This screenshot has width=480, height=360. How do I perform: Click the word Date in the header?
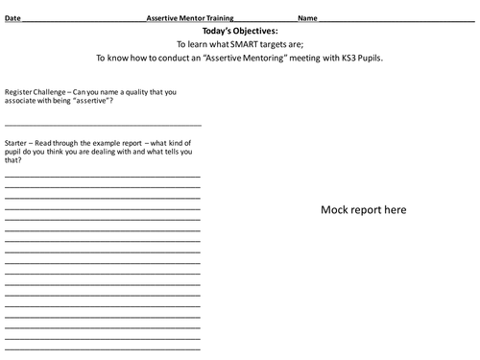tap(12, 18)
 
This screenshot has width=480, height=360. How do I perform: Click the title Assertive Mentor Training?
tap(189, 18)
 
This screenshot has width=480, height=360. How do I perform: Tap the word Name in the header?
tap(307, 18)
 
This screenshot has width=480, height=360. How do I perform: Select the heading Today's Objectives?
tap(239, 31)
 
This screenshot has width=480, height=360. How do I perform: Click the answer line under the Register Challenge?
tap(103, 125)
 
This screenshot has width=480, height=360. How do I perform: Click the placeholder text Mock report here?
tap(363, 209)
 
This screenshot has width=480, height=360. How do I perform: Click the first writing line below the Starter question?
tap(103, 177)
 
